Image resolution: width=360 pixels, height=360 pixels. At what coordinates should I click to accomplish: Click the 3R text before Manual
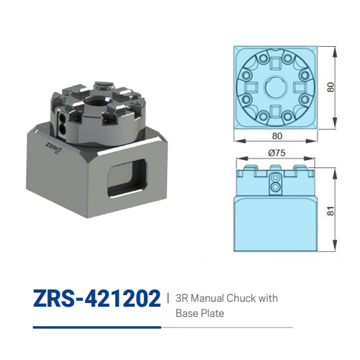[x=181, y=297]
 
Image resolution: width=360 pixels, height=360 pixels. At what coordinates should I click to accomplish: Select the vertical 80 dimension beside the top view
[x=330, y=86]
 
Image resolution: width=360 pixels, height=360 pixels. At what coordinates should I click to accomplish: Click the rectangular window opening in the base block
[x=127, y=175]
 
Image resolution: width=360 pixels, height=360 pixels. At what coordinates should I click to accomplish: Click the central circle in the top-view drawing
[x=276, y=86]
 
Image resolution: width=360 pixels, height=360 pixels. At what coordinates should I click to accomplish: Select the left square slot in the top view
[x=253, y=86]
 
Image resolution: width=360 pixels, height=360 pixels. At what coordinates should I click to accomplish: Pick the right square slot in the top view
[x=300, y=86]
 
